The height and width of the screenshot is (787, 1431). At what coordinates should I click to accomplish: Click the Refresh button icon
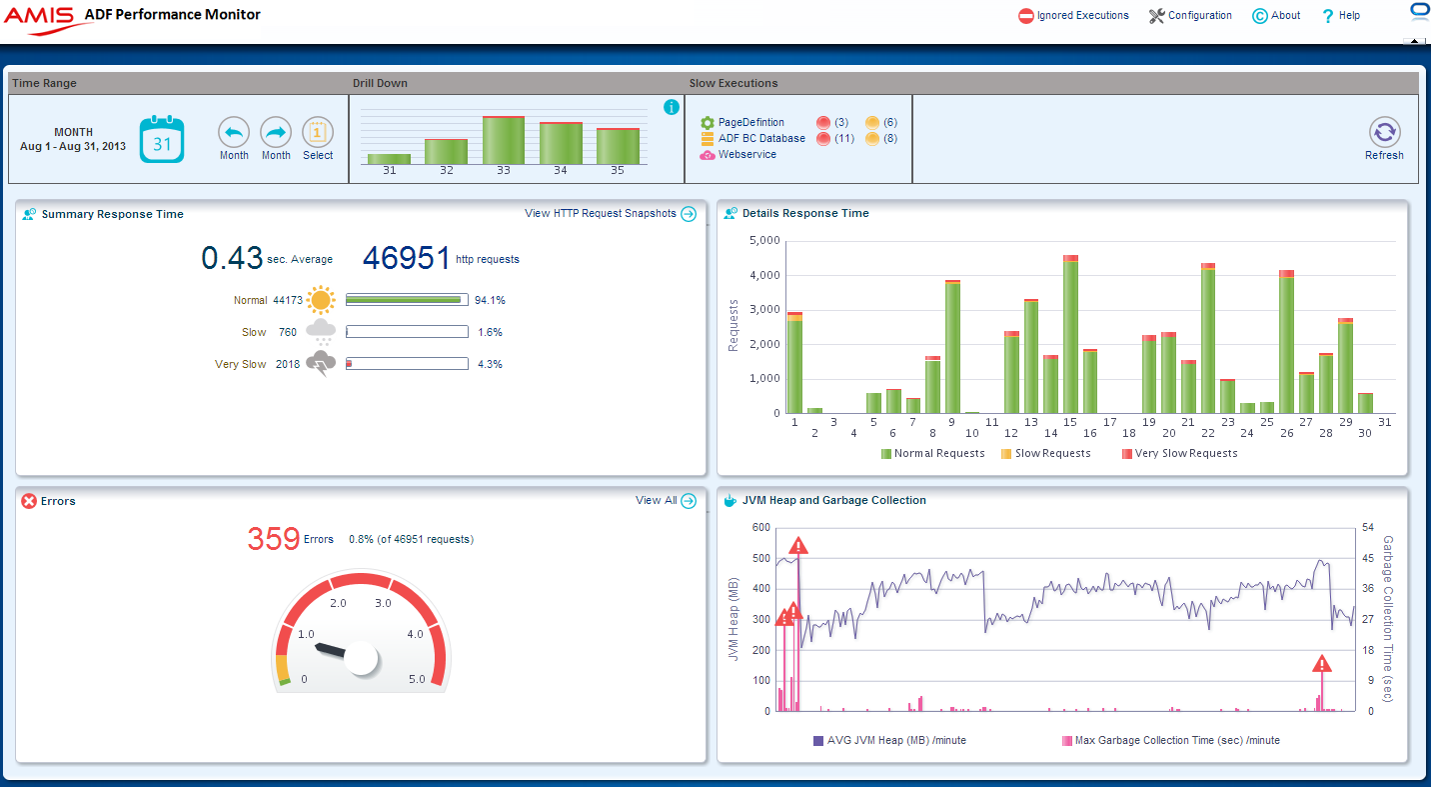coord(1384,132)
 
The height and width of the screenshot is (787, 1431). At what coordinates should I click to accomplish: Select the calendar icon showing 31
coord(162,139)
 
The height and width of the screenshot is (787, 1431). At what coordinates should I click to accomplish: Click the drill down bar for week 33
coord(504,140)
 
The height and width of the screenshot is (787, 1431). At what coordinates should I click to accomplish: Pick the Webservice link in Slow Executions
coord(746,154)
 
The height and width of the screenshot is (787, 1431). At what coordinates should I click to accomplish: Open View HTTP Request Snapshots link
coord(610,213)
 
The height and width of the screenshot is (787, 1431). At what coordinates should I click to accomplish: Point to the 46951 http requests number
coord(407,258)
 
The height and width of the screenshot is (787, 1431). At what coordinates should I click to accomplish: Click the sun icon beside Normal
coord(321,300)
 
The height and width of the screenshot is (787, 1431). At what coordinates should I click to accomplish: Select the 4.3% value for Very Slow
coord(490,364)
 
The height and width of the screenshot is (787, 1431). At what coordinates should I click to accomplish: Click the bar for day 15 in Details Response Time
coord(1070,335)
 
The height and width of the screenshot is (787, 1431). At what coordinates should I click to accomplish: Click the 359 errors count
coord(274,539)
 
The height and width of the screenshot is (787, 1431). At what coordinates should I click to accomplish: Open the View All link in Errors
coord(656,500)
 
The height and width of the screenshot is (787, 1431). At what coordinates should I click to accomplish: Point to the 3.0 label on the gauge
coord(382,603)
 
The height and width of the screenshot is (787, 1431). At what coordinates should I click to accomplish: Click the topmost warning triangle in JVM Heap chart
coord(797,546)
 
